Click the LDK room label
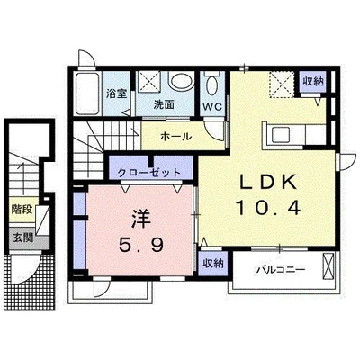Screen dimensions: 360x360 click(x=269, y=181)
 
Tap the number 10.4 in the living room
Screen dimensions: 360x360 click(x=268, y=207)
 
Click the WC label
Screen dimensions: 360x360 click(x=212, y=106)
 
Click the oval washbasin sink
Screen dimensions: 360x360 click(x=180, y=81)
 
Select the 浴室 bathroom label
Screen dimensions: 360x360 click(x=116, y=94)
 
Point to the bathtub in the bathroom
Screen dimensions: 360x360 click(x=87, y=94)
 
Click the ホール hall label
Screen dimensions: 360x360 click(x=175, y=137)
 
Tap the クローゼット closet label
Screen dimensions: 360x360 click(x=149, y=173)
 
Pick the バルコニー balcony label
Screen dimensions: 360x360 click(x=281, y=270)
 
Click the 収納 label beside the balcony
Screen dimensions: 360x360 click(x=213, y=264)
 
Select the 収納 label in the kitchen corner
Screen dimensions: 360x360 click(x=313, y=81)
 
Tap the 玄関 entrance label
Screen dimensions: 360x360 click(x=22, y=238)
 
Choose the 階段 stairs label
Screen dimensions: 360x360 click(x=22, y=210)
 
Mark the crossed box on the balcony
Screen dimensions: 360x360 click(x=328, y=266)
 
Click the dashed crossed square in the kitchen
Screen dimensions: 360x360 click(x=282, y=85)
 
